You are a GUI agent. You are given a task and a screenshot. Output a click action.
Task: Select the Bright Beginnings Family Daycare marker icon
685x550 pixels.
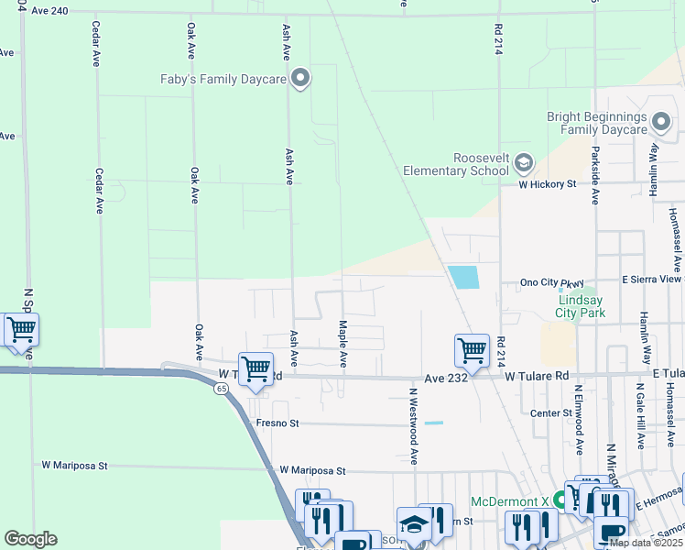pos(662,119)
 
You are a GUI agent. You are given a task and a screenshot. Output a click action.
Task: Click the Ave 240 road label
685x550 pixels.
pos(49,11)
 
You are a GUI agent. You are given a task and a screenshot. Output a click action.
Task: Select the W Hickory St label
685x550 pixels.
pos(547,183)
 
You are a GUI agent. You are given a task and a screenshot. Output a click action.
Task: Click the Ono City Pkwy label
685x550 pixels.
pos(551,281)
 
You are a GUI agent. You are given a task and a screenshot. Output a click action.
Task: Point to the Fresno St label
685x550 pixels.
pos(277,423)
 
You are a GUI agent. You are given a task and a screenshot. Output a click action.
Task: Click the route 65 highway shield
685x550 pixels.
pos(222,389)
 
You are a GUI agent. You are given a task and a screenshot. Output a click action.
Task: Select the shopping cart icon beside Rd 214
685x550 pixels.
pos(471,349)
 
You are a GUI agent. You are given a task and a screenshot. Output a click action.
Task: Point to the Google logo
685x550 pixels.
pos(30,539)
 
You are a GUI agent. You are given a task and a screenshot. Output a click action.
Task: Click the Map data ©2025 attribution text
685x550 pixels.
pos(646,543)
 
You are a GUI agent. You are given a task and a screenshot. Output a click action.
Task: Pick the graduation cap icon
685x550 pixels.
pos(413,524)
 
